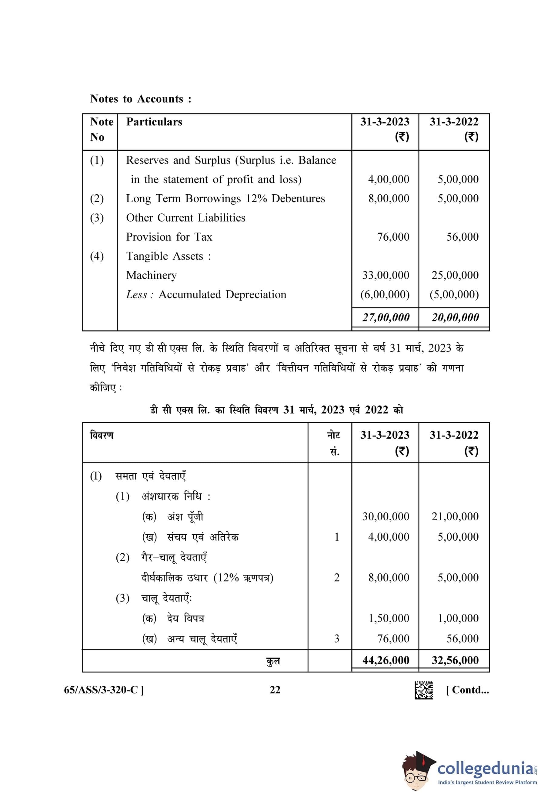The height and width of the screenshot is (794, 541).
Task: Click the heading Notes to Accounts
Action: (141, 99)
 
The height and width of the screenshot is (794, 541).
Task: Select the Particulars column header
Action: (154, 122)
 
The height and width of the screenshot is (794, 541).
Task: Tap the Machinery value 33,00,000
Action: (386, 275)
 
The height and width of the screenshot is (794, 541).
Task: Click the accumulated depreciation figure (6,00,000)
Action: (385, 295)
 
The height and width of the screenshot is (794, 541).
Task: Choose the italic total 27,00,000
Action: (386, 318)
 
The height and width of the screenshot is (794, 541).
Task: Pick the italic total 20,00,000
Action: (455, 318)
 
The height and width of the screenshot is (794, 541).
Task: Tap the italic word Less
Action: (136, 295)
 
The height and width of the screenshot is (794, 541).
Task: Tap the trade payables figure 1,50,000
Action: (389, 618)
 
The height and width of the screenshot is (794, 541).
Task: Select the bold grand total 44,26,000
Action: (386, 660)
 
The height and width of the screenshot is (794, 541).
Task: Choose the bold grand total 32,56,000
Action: (455, 660)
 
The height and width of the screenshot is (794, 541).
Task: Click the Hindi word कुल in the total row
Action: (272, 661)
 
